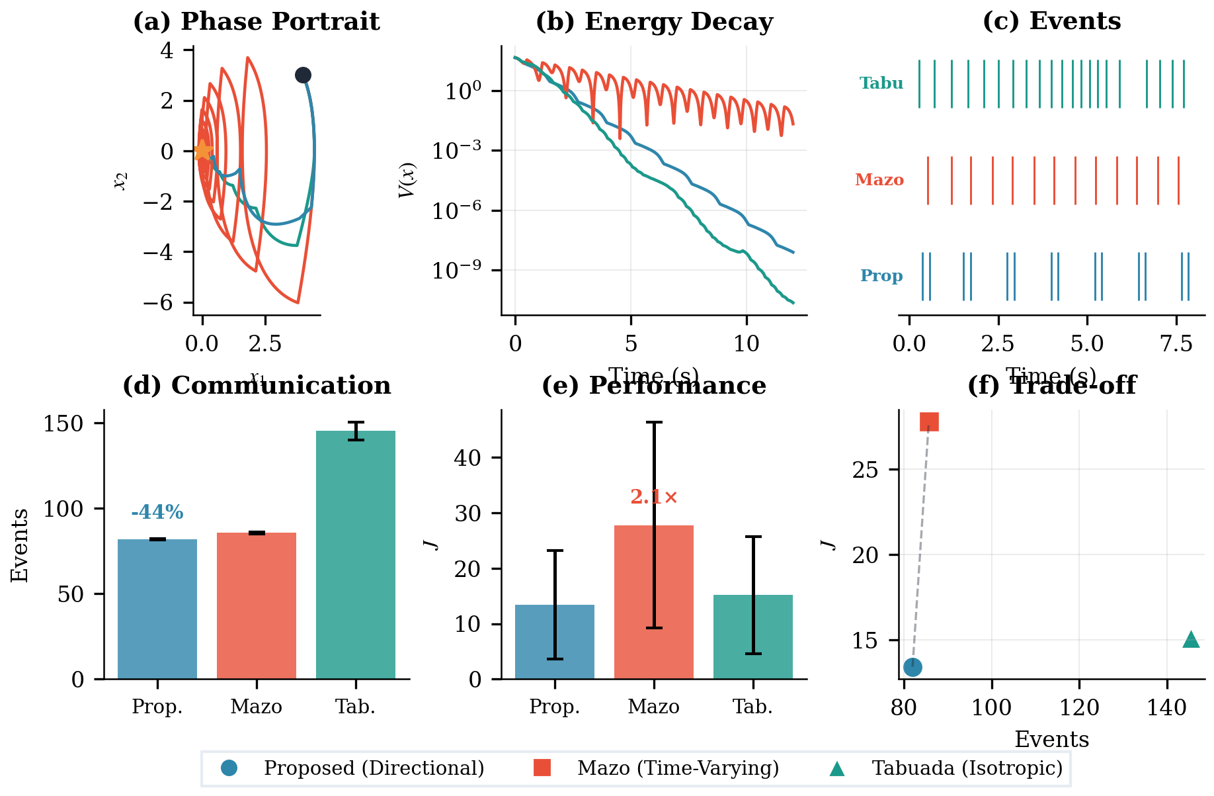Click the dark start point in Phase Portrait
pyautogui.click(x=303, y=75)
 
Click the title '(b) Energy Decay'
pyautogui.click(x=653, y=22)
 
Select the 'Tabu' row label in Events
pyautogui.click(x=881, y=83)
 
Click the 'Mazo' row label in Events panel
pyautogui.click(x=879, y=180)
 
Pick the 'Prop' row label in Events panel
pyautogui.click(x=881, y=276)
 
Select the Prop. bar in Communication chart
pyautogui.click(x=157, y=609)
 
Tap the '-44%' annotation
pyautogui.click(x=157, y=512)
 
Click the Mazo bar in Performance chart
pyautogui.click(x=653, y=602)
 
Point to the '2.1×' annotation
pyautogui.click(x=653, y=497)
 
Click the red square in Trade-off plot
pyautogui.click(x=929, y=421)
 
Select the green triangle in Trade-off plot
pyautogui.click(x=1191, y=639)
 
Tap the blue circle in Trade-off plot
pyautogui.click(x=912, y=667)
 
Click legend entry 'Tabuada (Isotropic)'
pyautogui.click(x=967, y=768)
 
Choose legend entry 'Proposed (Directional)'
pyautogui.click(x=374, y=768)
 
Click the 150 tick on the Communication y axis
pyautogui.click(x=65, y=423)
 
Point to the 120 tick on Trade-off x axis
pyautogui.click(x=1079, y=708)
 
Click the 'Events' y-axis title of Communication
pyautogui.click(x=20, y=545)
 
